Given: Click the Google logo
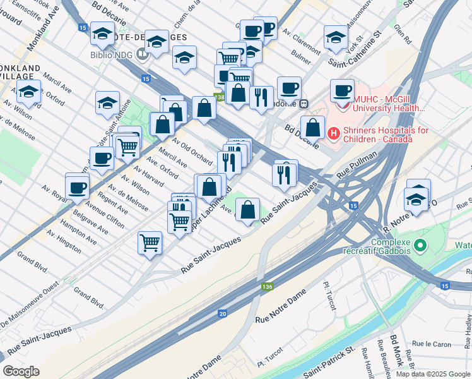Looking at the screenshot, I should [x=21, y=371].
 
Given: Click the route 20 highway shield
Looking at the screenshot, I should [x=222, y=313].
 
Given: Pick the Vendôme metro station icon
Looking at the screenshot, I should [x=304, y=104].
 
